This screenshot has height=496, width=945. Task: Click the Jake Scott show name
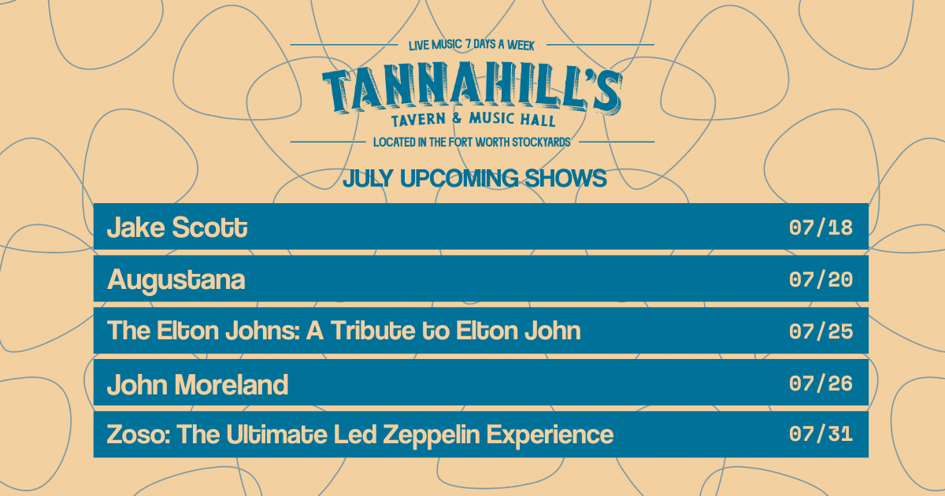point(177,228)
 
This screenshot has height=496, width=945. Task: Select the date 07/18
point(821,228)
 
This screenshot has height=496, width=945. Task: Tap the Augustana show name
point(176,280)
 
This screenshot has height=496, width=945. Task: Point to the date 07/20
point(821,279)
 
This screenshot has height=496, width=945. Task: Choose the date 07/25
point(821,331)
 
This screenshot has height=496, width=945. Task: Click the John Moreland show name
point(198,384)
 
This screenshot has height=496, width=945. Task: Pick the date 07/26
point(821,383)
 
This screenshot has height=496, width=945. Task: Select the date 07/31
point(821,434)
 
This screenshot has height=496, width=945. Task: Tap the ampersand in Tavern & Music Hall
point(457,118)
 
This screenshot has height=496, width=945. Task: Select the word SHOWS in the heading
point(565,179)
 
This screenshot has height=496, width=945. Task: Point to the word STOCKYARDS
point(541,143)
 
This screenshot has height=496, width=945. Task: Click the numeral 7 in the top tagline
point(469,44)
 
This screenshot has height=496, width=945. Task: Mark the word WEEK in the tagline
point(521,45)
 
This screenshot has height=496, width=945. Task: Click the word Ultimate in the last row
point(276,435)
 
